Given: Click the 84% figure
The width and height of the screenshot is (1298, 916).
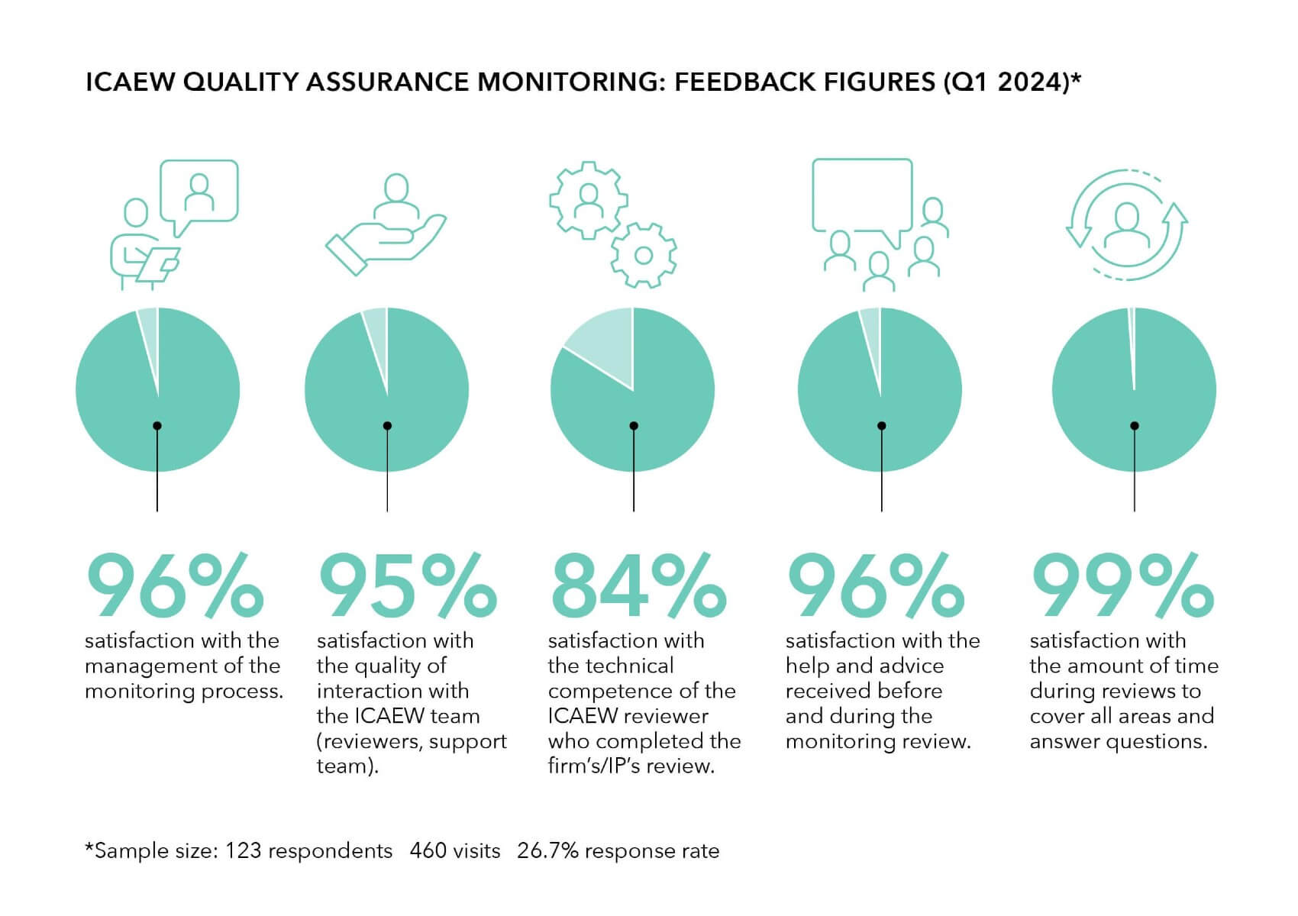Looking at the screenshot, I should pos(638,586).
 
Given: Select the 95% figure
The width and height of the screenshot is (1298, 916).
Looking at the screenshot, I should pos(406,586).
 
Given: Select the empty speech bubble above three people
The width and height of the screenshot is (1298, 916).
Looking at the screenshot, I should pos(862,195).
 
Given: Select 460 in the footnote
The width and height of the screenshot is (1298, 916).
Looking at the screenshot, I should pos(427,850).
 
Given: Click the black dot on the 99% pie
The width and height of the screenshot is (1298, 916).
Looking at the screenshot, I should pos(1135,426).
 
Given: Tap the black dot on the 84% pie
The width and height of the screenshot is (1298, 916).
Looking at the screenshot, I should pos(634,426).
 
